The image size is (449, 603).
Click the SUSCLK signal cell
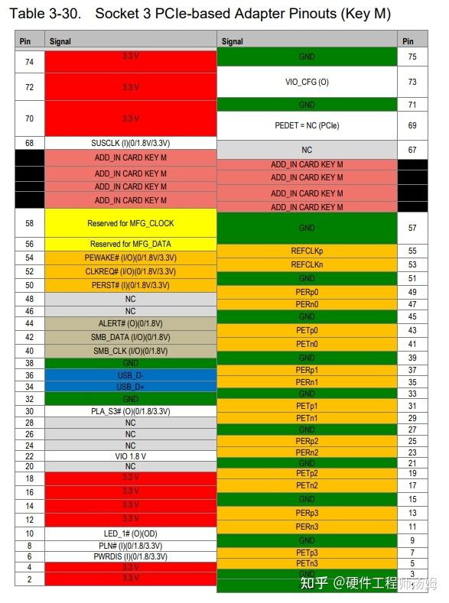pyautogui.click(x=130, y=143)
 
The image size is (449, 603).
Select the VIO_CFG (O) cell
pyautogui.click(x=307, y=82)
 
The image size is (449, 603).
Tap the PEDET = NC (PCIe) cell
pyautogui.click(x=307, y=125)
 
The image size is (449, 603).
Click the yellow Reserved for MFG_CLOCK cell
pyautogui.click(x=130, y=223)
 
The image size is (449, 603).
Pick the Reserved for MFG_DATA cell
pyautogui.click(x=130, y=244)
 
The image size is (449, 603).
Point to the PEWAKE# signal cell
pyautogui.click(x=130, y=258)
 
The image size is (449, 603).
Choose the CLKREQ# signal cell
pyautogui.click(x=130, y=271)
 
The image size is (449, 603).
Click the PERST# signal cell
pyautogui.click(x=130, y=285)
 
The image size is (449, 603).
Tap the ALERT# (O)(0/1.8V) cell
pyautogui.click(x=130, y=323)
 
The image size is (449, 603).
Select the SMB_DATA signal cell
pyautogui.click(x=130, y=337)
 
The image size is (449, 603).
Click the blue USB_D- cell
pyautogui.click(x=130, y=375)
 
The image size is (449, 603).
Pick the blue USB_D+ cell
pyautogui.click(x=130, y=387)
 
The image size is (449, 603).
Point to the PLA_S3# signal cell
pyautogui.click(x=130, y=411)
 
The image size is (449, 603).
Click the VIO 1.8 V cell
pyautogui.click(x=130, y=455)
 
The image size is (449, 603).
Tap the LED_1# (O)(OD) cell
pyautogui.click(x=130, y=533)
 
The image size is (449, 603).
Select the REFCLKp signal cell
pyautogui.click(x=307, y=251)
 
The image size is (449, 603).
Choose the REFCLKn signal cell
pyautogui.click(x=307, y=264)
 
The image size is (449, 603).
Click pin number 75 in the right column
pyautogui.click(x=412, y=57)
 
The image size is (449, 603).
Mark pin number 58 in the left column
pyautogui.click(x=29, y=223)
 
